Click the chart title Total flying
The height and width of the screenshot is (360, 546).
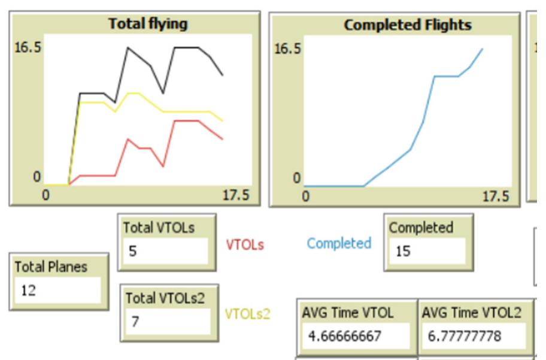(148, 24)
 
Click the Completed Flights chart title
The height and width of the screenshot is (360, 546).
(407, 25)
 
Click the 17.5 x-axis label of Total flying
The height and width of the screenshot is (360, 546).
(235, 196)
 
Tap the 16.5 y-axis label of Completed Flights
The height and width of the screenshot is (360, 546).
(287, 49)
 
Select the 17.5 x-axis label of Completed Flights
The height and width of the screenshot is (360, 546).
(495, 196)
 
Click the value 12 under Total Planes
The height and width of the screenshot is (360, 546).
(29, 291)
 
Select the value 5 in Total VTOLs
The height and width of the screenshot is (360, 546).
(133, 251)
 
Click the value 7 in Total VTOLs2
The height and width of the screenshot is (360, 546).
(135, 322)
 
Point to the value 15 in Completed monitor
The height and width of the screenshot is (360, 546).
(403, 252)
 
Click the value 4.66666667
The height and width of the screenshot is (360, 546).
(344, 336)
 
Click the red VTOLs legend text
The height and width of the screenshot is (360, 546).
(244, 244)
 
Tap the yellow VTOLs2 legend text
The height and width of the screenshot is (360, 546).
(247, 313)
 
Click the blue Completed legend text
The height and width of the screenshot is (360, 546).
(339, 243)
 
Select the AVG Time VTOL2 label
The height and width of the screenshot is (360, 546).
(472, 312)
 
